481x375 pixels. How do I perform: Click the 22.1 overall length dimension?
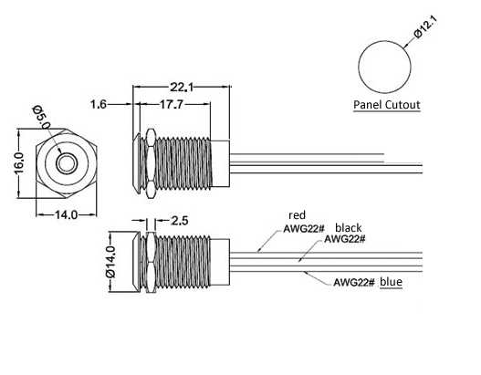click(x=182, y=88)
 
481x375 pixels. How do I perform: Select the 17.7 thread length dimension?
click(x=172, y=105)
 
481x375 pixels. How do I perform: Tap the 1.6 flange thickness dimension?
click(x=99, y=105)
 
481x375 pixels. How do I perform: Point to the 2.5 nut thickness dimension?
click(x=180, y=221)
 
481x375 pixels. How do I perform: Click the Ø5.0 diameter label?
click(x=42, y=118)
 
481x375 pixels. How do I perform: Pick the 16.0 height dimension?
click(x=19, y=162)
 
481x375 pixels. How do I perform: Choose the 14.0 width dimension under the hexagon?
click(x=66, y=215)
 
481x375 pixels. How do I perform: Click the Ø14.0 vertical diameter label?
click(x=110, y=262)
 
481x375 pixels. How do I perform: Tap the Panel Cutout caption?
click(x=386, y=105)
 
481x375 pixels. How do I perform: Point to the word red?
click(x=297, y=215)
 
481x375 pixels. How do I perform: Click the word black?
click(x=348, y=228)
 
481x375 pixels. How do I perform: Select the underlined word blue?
click(x=392, y=282)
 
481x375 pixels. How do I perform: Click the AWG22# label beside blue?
click(x=354, y=282)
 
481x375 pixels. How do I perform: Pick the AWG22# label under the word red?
click(x=304, y=229)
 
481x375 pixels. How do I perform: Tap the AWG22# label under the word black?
click(x=345, y=238)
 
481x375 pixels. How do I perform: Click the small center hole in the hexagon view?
click(x=66, y=163)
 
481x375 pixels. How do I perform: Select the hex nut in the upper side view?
click(x=151, y=163)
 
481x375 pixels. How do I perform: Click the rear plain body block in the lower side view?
click(x=220, y=262)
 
